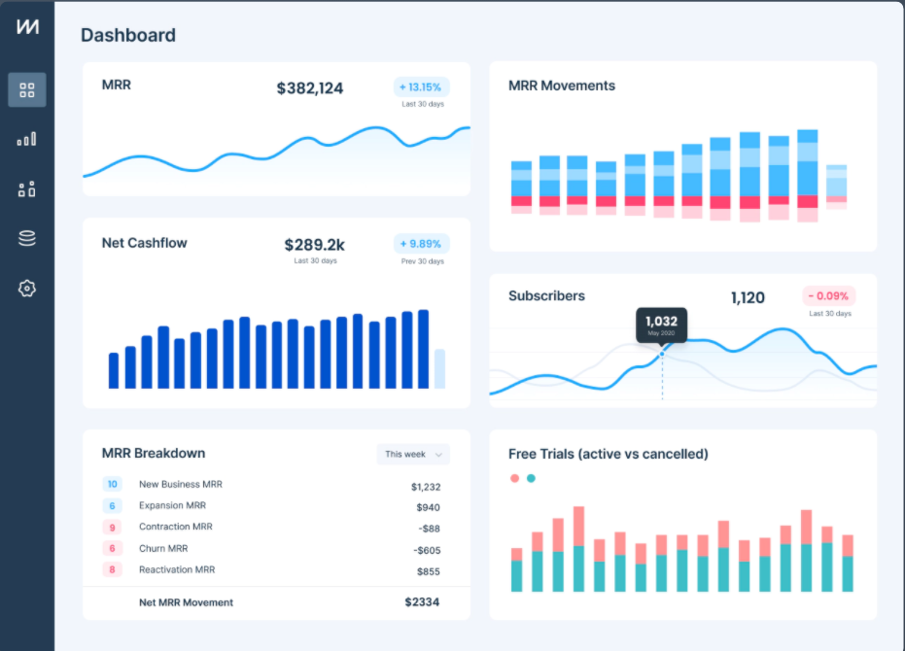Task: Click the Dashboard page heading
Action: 128,36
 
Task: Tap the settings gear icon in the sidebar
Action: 27,289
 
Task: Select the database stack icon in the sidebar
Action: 27,238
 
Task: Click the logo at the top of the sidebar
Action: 27,28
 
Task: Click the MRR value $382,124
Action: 310,88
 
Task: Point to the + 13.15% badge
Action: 422,86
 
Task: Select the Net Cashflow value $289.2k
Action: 315,245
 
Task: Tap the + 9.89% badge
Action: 422,244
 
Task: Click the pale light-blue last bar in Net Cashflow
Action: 439,369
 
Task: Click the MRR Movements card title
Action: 562,86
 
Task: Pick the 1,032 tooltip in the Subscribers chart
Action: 662,325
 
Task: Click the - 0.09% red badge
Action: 828,295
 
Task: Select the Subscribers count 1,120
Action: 748,297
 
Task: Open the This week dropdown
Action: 413,454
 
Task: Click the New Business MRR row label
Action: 182,484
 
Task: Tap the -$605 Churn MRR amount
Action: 426,550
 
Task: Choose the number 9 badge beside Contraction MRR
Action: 113,528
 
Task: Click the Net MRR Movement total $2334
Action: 422,602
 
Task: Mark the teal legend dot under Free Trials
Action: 531,478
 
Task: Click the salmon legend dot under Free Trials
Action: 514,478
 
